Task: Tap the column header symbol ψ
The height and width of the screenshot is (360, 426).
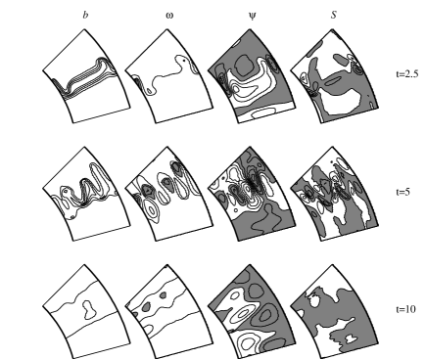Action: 245,15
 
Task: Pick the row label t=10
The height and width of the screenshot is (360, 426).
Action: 402,310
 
